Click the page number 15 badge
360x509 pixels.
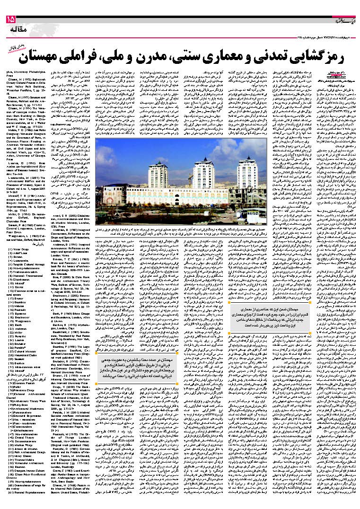coord(10,19)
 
